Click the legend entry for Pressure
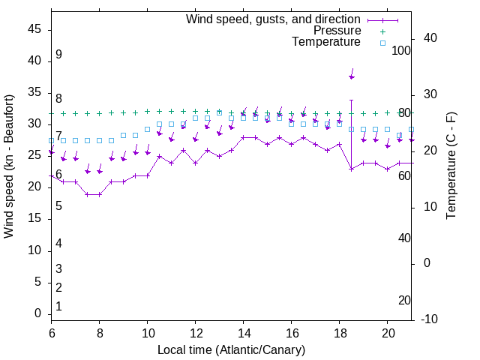coord(337,31)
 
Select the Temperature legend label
coord(326,42)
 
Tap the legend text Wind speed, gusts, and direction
coord(273,19)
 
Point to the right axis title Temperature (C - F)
coord(451,165)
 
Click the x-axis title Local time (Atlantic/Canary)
coord(231,349)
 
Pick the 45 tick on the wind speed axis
coord(34,29)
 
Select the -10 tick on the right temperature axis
coord(431,319)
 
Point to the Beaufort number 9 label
coord(58,55)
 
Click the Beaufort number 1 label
coord(58,307)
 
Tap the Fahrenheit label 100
coord(402,51)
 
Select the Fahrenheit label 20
coord(404,301)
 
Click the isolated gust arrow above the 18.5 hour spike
coord(351,75)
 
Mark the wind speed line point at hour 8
coord(100,194)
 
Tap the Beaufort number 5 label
coord(58,206)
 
